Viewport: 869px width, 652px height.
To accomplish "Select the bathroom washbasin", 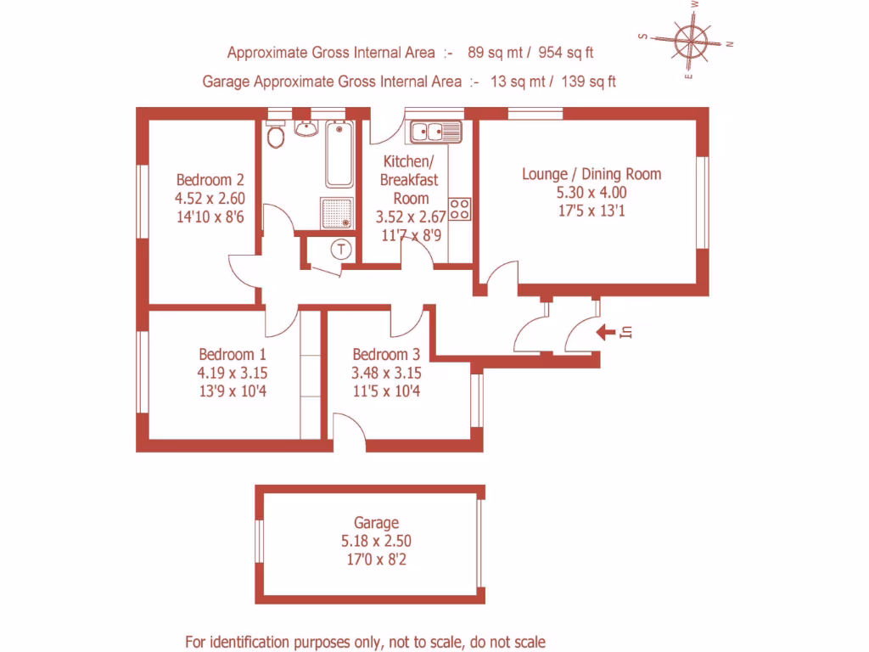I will pos(306,129).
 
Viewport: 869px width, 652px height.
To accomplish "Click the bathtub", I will pos(339,154).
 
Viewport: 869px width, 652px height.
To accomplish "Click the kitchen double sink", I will pos(434,132).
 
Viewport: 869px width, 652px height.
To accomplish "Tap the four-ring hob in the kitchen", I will pos(460,209).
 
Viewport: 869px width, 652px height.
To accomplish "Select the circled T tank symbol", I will pos(341,250).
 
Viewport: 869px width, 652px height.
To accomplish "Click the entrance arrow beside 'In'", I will pos(605,332).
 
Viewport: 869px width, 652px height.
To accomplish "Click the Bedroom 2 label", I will pos(210,180).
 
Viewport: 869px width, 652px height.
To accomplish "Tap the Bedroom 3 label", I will pos(386,355).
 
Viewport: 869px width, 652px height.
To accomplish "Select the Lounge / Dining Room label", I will pos(591,174).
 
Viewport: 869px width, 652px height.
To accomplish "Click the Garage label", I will pos(376,523).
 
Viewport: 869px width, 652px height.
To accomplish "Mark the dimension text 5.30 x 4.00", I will pos(591,193).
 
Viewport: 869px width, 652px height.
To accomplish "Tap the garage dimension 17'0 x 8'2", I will pos(376,559).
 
